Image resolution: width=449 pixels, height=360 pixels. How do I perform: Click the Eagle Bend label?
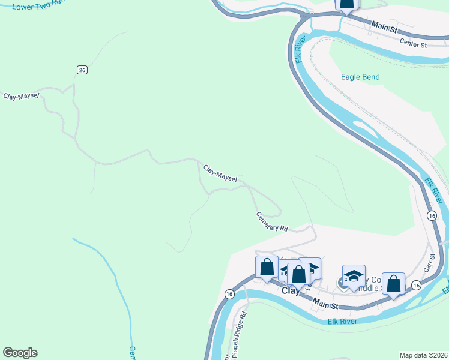360,77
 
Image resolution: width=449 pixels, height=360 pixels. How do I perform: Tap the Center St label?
413,44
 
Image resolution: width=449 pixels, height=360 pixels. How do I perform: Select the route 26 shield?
82,70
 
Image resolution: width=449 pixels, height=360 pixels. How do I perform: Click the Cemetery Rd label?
271,221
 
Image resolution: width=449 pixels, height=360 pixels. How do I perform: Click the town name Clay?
291,291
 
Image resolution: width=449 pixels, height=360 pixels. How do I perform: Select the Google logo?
20,353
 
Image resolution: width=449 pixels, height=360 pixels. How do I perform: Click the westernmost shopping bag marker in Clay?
267,267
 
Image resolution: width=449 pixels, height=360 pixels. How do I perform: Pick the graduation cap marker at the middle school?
354,276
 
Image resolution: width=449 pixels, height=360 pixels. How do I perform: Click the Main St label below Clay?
324,305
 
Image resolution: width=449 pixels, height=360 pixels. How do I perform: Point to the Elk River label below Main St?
342,322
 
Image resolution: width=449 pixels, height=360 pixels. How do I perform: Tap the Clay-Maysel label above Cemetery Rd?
220,174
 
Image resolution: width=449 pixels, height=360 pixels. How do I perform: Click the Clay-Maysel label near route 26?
21,96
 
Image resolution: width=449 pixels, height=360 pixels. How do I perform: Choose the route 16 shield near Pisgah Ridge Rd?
229,293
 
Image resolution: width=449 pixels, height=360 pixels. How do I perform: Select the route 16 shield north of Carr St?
432,215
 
